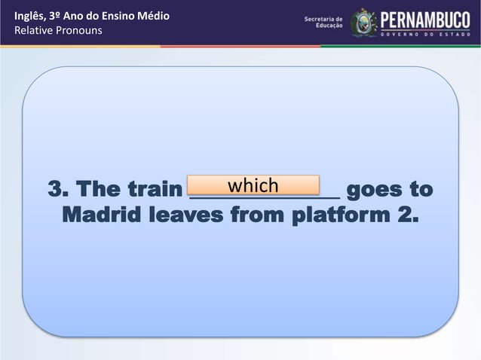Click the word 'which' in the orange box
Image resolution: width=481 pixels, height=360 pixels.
pyautogui.click(x=253, y=185)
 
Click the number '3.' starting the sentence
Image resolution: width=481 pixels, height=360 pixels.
pyautogui.click(x=58, y=189)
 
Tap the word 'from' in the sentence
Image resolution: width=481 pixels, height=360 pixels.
pyautogui.click(x=255, y=215)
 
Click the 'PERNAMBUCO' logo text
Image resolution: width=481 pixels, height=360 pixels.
pyautogui.click(x=426, y=19)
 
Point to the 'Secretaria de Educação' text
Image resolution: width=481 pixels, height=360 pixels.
pyautogui.click(x=323, y=23)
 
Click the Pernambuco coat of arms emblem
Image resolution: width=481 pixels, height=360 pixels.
pyautogui.click(x=363, y=23)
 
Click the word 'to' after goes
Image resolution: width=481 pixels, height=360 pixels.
pyautogui.click(x=422, y=189)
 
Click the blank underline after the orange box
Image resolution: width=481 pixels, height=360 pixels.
pyautogui.click(x=330, y=196)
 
